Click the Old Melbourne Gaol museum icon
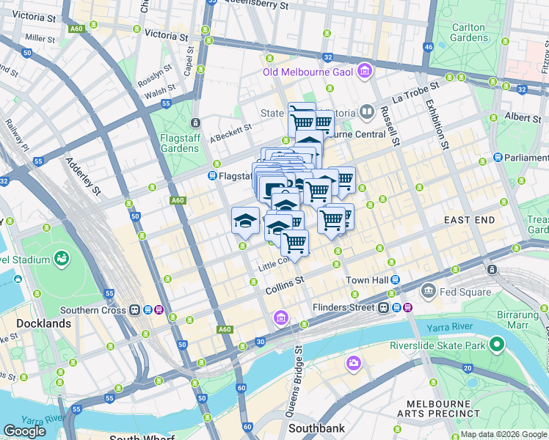[x=365, y=71]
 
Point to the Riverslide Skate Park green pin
[x=497, y=344]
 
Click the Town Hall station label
[x=367, y=280]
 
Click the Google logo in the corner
[x=24, y=431]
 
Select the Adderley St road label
[x=83, y=177]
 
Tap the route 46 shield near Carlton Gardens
[x=429, y=47]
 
